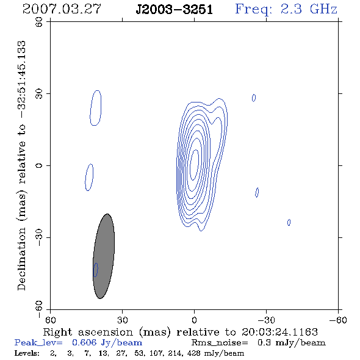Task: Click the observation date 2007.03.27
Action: (62, 9)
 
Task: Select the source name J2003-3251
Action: (174, 10)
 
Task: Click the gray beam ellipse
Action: (104, 256)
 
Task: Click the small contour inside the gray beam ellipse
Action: (96, 270)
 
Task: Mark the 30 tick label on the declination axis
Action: (39, 94)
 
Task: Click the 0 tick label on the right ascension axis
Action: (194, 320)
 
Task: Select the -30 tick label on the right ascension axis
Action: (266, 320)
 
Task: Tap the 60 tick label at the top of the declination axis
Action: (39, 22)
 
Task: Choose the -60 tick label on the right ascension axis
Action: (338, 320)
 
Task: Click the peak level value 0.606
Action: (84, 342)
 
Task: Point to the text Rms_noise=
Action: (220, 343)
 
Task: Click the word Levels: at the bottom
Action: (27, 353)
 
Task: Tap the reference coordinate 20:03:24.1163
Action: (279, 332)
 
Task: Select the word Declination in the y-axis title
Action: (21, 259)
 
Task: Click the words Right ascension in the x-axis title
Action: (88, 332)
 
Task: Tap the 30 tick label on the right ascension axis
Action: (123, 320)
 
